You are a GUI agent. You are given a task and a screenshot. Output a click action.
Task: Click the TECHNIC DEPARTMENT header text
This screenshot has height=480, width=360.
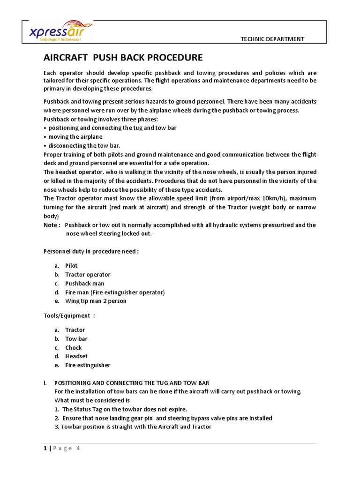[272, 39]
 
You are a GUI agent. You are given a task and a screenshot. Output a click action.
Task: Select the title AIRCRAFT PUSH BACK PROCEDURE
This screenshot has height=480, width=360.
[123, 58]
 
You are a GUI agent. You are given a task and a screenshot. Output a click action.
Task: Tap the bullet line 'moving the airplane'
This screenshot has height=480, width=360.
[75, 137]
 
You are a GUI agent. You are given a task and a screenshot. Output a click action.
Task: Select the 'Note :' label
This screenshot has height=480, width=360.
[52, 225]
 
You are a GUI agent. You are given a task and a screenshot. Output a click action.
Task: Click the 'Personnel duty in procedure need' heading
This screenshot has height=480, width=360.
[91, 251]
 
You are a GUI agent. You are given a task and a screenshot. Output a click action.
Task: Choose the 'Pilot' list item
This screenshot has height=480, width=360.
[71, 265]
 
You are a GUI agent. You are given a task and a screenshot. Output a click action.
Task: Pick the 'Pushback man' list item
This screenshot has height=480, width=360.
[84, 283]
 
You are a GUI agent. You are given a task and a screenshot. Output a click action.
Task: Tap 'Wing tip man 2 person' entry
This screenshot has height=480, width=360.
[96, 301]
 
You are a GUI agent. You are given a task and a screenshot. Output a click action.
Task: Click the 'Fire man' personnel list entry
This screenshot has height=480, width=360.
[115, 292]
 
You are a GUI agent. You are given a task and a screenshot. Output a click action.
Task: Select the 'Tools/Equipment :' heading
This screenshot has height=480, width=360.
[69, 315]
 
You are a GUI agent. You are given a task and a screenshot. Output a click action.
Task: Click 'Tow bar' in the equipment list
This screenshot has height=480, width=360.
[76, 338]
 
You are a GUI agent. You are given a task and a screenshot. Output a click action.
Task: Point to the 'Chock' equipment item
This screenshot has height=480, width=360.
[73, 347]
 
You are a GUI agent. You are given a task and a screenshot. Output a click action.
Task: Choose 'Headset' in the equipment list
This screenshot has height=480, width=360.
[76, 356]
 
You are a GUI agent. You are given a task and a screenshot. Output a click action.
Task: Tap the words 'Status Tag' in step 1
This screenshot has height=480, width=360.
[89, 409]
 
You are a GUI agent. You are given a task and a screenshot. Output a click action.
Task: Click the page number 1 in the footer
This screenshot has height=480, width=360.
[45, 448]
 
